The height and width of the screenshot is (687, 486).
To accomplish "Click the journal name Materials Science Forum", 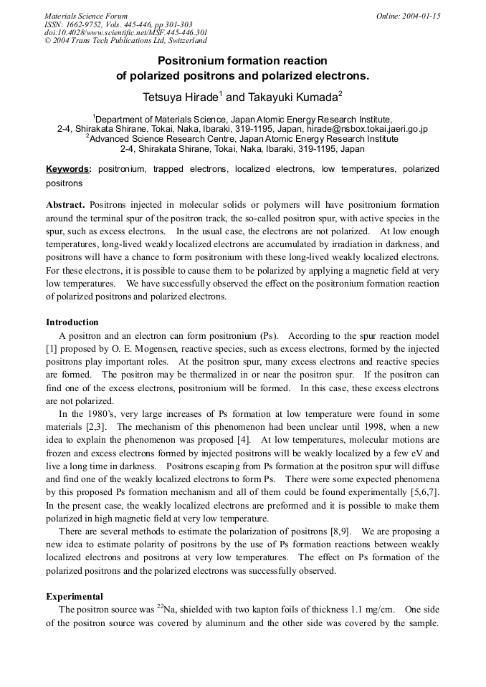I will tap(86, 16).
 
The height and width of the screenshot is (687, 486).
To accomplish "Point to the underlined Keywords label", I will tap(68, 169).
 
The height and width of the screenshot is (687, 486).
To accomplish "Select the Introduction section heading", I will tap(72, 322).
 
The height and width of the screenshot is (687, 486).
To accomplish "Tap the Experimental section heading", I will tap(75, 596).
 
